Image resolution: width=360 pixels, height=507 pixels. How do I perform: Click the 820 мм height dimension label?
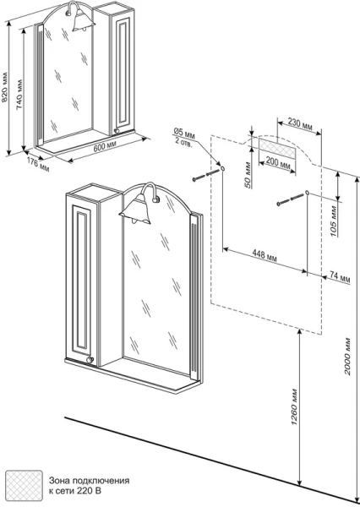tap(4, 87)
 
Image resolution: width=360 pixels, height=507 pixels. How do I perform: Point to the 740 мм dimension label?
tap(19, 94)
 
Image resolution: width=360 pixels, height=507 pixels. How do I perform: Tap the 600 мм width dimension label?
tap(105, 147)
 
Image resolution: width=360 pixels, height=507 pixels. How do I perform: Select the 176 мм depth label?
tap(38, 165)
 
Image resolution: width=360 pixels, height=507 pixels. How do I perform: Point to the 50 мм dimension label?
tap(248, 178)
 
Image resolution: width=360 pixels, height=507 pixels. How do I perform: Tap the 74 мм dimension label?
tap(341, 277)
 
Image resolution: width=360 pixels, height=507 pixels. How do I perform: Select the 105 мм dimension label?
tap(334, 223)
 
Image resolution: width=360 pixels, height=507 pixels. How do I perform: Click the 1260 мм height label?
tap(294, 406)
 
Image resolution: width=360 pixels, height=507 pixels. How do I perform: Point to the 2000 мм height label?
tap(347, 357)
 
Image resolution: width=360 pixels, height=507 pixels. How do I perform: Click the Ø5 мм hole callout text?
tap(183, 136)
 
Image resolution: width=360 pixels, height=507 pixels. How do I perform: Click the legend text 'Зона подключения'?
tap(89, 481)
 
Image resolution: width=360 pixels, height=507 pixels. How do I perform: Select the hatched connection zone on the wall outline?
tap(277, 148)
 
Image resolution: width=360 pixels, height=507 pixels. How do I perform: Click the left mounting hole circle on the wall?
tap(223, 168)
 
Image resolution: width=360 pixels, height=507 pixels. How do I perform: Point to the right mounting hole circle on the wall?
tap(307, 194)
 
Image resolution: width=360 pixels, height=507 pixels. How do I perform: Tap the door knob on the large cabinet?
tap(90, 360)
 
